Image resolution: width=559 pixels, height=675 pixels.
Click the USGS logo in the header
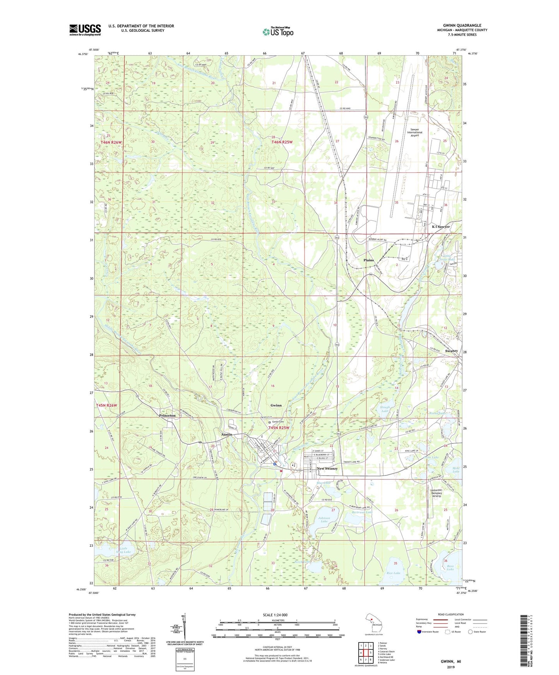[x=85, y=30]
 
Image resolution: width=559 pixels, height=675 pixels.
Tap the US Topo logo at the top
[x=277, y=32]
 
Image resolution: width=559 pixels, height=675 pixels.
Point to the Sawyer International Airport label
[x=415, y=133]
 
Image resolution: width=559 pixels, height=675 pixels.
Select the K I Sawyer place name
[x=441, y=227]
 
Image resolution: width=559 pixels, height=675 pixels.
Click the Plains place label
[x=369, y=260]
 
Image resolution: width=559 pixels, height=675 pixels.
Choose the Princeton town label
[x=167, y=415]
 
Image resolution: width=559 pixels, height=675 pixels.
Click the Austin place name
[x=226, y=435]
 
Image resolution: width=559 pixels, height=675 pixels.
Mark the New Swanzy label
[x=327, y=469]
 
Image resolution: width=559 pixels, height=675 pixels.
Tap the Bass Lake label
[x=450, y=568]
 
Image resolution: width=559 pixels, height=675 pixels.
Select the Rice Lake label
[x=393, y=573]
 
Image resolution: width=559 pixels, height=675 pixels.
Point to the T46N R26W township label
[x=111, y=142]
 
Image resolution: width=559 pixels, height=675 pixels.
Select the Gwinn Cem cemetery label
[x=278, y=422]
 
